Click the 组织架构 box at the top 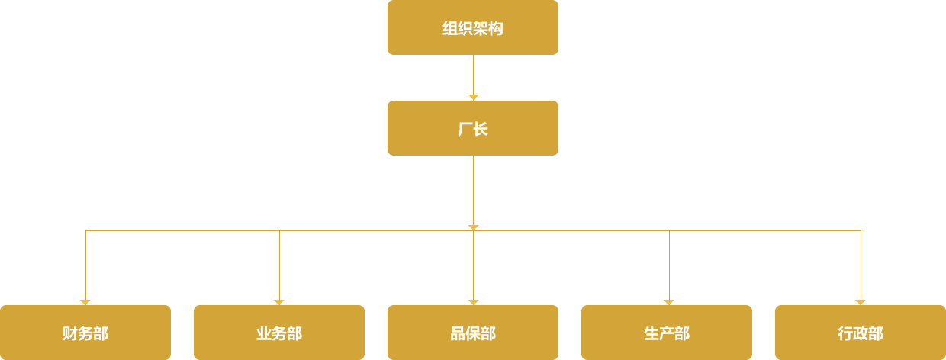point(472,27)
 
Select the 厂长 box point(472,128)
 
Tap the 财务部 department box point(85,333)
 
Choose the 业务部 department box point(278,333)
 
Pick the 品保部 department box point(472,333)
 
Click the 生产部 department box point(666,333)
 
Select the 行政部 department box point(860,333)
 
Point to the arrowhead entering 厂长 point(473,97)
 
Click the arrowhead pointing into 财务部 point(85,302)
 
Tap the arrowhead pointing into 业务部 point(279,302)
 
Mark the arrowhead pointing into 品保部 point(473,302)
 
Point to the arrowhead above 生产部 point(669,302)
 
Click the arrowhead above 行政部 point(861,302)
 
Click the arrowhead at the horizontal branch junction point(473,227)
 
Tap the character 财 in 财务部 point(69,333)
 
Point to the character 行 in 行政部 point(845,333)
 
